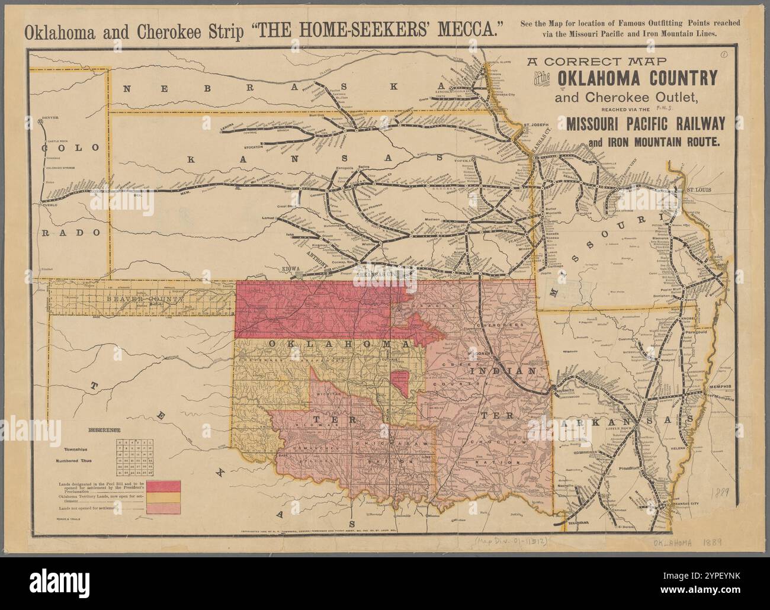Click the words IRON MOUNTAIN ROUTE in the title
pos(654,142)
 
